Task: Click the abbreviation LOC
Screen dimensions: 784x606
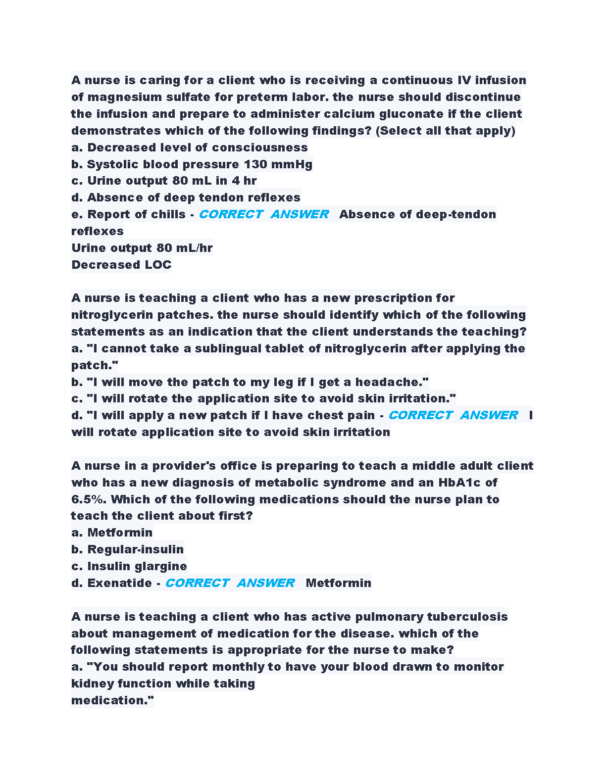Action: coord(158,265)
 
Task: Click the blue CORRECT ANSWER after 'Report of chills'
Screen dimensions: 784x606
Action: coord(263,214)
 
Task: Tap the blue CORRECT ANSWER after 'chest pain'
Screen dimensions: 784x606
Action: coord(453,415)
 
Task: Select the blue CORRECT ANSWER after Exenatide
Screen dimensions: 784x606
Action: coord(230,583)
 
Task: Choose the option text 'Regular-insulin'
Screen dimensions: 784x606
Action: coord(135,549)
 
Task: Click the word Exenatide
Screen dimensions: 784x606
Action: coord(119,583)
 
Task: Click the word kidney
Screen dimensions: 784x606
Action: coord(92,684)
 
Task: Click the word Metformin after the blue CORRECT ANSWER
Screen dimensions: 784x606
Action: coord(338,583)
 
